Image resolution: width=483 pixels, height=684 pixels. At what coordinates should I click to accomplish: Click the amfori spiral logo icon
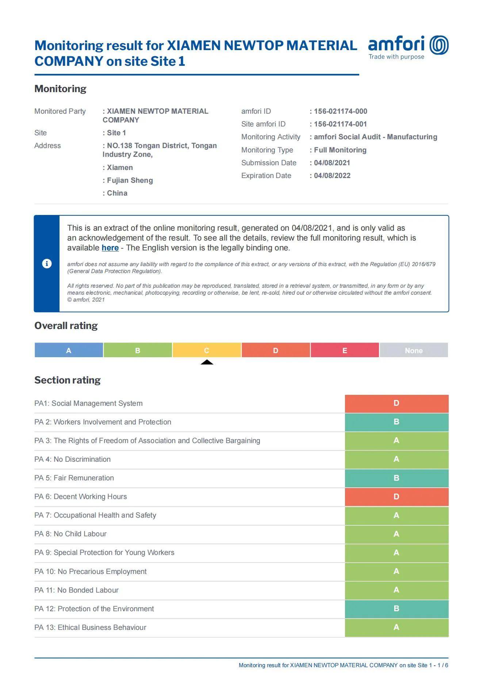click(x=439, y=45)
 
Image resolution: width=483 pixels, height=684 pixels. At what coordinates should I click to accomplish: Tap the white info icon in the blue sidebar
click(x=47, y=264)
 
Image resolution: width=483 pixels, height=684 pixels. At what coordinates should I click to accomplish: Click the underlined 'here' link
click(x=110, y=248)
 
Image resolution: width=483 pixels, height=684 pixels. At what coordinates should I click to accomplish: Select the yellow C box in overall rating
click(x=207, y=350)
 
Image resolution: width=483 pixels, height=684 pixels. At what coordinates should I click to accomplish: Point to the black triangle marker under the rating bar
click(x=207, y=362)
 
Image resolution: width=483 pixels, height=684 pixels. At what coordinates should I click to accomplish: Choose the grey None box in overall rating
click(x=414, y=350)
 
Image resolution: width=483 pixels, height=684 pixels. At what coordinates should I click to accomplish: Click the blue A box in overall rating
click(x=69, y=350)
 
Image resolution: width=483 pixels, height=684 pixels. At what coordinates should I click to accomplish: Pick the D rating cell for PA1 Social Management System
click(x=396, y=404)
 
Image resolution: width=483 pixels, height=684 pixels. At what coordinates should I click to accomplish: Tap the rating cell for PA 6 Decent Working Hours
click(x=396, y=497)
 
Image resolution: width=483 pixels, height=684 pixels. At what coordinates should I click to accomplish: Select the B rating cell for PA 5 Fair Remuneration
click(x=396, y=478)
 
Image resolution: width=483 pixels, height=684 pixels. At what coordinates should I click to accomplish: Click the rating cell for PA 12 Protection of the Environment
click(x=396, y=609)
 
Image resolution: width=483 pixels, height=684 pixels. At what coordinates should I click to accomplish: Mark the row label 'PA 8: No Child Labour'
click(x=70, y=534)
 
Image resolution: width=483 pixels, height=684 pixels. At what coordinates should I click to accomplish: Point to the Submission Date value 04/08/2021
click(x=332, y=163)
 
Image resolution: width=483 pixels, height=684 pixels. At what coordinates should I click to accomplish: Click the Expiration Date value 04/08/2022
click(x=332, y=176)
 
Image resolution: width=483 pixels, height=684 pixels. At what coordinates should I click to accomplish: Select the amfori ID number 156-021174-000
click(x=340, y=112)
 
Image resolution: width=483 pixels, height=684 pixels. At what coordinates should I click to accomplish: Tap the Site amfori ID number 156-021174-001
click(x=340, y=124)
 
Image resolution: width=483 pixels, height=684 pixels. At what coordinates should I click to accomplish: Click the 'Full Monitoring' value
click(x=340, y=150)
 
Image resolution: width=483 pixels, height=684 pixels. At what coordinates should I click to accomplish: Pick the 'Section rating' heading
click(x=68, y=380)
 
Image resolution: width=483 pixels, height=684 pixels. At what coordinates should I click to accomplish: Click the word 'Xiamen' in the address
click(x=120, y=168)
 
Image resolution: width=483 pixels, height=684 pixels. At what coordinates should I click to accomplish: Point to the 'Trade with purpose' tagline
click(x=396, y=57)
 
